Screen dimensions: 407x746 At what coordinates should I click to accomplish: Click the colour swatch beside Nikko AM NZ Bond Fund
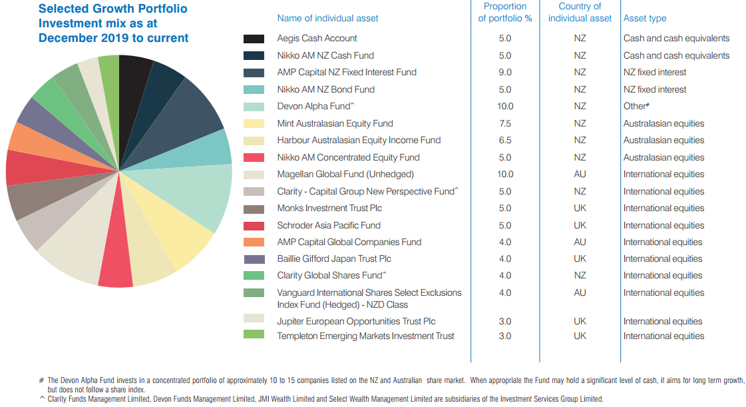(255, 89)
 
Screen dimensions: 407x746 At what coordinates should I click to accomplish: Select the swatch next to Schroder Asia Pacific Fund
(255, 225)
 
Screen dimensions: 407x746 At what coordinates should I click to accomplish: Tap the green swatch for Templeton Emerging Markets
(255, 335)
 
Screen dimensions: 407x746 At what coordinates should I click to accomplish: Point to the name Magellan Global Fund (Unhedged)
(345, 174)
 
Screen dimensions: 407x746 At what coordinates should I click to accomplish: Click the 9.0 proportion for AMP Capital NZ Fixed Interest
(504, 72)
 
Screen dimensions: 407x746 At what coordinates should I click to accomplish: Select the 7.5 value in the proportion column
(504, 123)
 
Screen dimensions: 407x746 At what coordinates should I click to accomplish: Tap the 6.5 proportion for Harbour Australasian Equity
(504, 140)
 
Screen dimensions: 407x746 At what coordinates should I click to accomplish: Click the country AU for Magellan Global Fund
(580, 174)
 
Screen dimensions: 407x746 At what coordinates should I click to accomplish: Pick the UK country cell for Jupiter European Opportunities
(580, 321)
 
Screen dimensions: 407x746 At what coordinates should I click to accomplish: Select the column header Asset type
(644, 19)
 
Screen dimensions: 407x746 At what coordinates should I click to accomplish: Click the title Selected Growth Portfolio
(112, 9)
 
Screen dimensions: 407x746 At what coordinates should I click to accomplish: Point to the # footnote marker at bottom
(42, 380)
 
